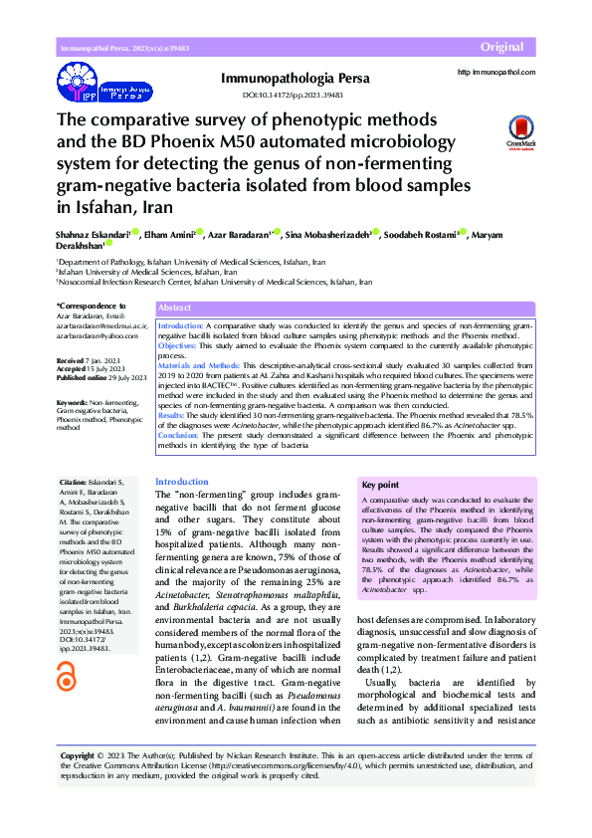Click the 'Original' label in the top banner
pyautogui.click(x=501, y=48)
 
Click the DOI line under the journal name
pyautogui.click(x=294, y=96)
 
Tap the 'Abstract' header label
pyautogui.click(x=174, y=310)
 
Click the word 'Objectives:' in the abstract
pyautogui.click(x=180, y=345)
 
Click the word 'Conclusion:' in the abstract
pyautogui.click(x=181, y=435)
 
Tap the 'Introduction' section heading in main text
pyautogui.click(x=182, y=481)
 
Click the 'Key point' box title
pyautogui.click(x=380, y=485)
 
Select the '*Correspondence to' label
pyautogui.click(x=92, y=306)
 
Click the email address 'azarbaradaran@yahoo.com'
pyautogui.click(x=97, y=337)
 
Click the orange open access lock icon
pyautogui.click(x=67, y=677)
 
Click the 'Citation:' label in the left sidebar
pyautogui.click(x=74, y=481)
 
